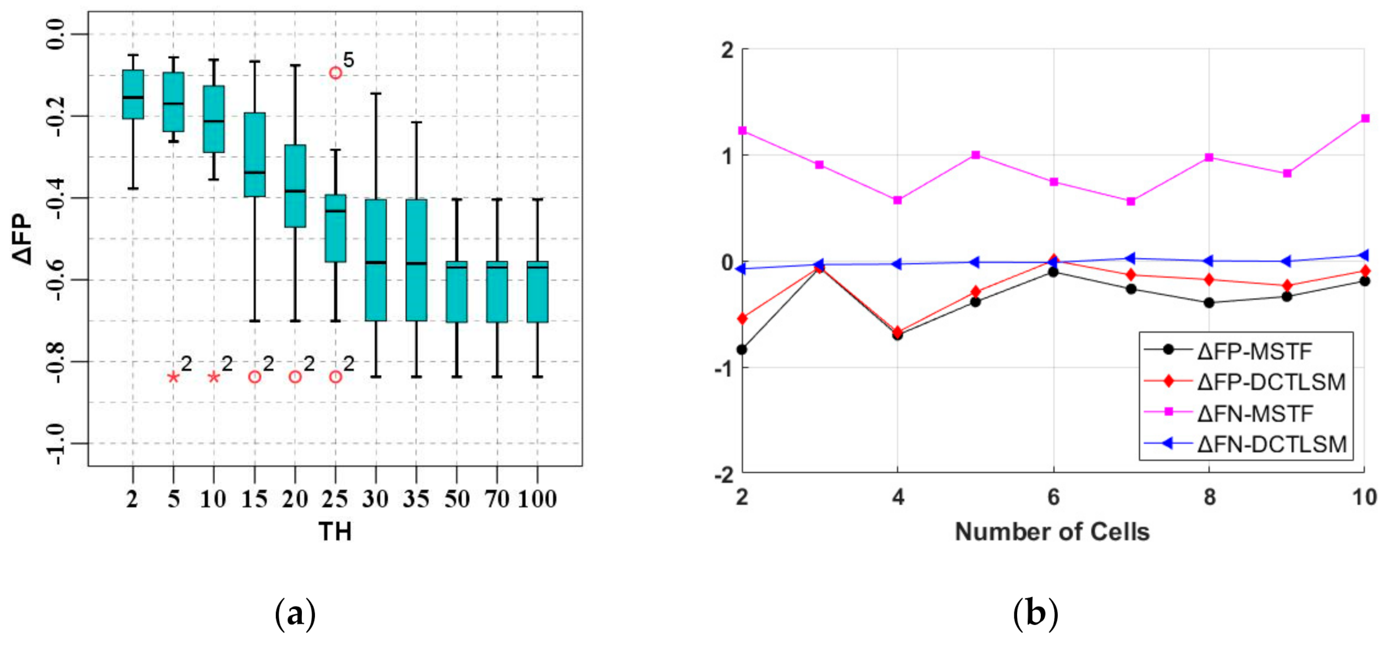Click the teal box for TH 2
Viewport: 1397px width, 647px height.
click(133, 94)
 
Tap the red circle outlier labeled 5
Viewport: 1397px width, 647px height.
click(335, 73)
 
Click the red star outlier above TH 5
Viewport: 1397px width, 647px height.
click(174, 377)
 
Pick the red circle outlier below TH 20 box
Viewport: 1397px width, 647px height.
click(295, 377)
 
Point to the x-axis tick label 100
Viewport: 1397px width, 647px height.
click(537, 499)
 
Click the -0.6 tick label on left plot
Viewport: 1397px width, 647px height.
click(57, 281)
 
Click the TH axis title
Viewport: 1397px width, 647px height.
click(335, 532)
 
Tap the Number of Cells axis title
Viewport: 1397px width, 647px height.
click(1052, 532)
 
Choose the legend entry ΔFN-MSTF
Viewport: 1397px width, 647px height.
click(1255, 413)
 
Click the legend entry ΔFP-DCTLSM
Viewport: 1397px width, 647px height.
click(1271, 382)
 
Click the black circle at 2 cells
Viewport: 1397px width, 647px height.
click(742, 350)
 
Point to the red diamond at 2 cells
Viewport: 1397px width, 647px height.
click(742, 319)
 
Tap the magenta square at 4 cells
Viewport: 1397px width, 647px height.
click(897, 200)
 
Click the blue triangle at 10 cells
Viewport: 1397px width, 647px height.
click(1364, 256)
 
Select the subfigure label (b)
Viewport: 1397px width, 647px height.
click(1035, 614)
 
